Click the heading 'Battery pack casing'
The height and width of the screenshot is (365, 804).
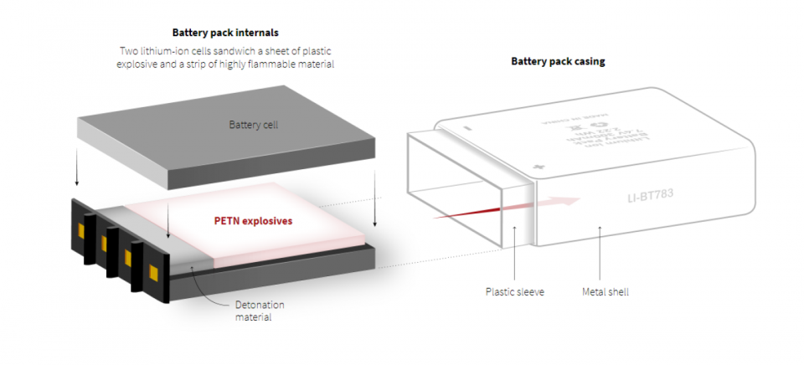[558, 61]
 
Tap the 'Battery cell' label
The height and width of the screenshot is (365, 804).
[253, 125]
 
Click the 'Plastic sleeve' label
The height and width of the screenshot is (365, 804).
[514, 292]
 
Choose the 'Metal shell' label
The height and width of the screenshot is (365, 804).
[606, 292]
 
